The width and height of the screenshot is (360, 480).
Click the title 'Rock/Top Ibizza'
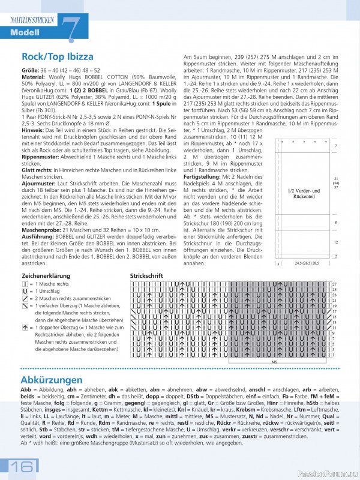point(58,57)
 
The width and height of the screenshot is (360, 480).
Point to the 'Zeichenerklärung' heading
point(46,275)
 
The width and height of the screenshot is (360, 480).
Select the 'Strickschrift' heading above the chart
point(147,275)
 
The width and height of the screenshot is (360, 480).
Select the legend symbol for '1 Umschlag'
point(25,290)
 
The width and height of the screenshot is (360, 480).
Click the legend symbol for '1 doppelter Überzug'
point(25,328)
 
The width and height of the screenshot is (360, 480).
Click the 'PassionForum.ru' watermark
point(326,473)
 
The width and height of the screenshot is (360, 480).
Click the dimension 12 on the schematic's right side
point(335,242)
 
